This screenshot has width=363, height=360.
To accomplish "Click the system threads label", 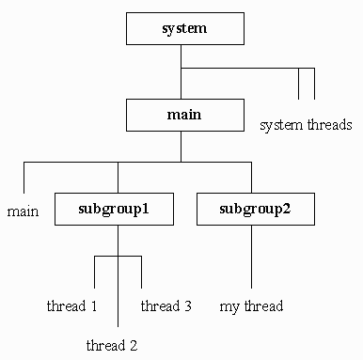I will (306, 124).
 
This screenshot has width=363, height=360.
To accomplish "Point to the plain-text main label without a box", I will (23, 211).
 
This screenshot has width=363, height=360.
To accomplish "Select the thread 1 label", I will (72, 305).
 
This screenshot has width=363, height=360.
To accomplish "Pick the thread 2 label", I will (112, 345).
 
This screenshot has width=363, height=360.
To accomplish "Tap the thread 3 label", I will (166, 305).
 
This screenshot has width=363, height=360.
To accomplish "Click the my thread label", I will (251, 305).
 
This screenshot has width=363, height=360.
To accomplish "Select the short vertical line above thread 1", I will (95, 273).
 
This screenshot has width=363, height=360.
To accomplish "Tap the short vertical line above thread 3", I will (140, 273).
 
